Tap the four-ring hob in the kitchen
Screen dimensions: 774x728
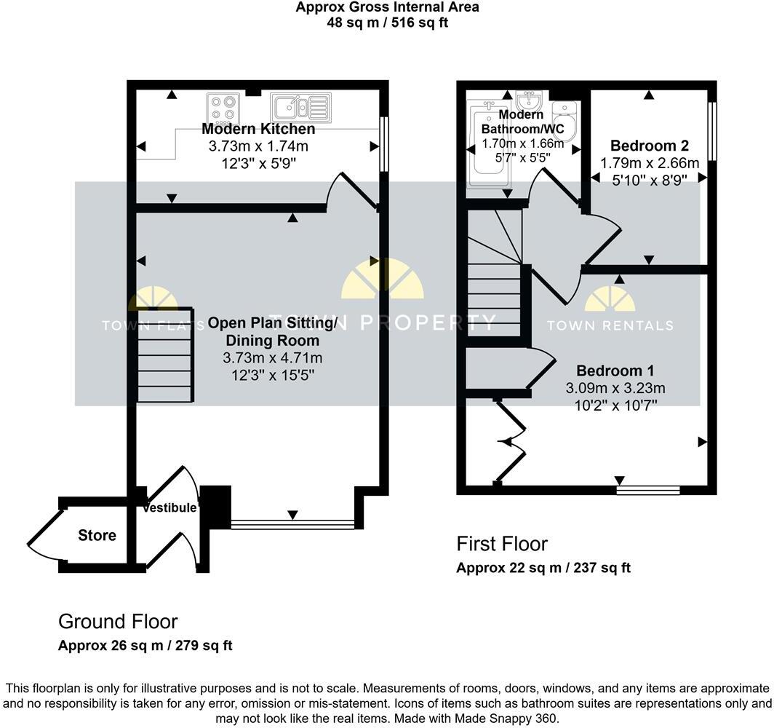[x=223, y=107]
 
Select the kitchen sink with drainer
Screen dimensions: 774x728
[x=300, y=107]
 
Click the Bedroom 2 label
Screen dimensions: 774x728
[x=650, y=145]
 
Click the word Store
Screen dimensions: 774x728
[x=97, y=536]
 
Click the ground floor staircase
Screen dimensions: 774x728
[x=166, y=355]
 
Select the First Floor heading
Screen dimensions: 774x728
[x=502, y=544]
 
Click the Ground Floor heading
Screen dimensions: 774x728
[x=118, y=622]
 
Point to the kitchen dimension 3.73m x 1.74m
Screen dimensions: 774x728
[x=263, y=146]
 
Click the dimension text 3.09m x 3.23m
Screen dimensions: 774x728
[x=615, y=389]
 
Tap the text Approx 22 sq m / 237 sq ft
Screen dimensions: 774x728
[x=543, y=568]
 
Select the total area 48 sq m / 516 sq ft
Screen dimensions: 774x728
[x=387, y=22]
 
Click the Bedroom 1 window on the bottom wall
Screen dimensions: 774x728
[x=648, y=491]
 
